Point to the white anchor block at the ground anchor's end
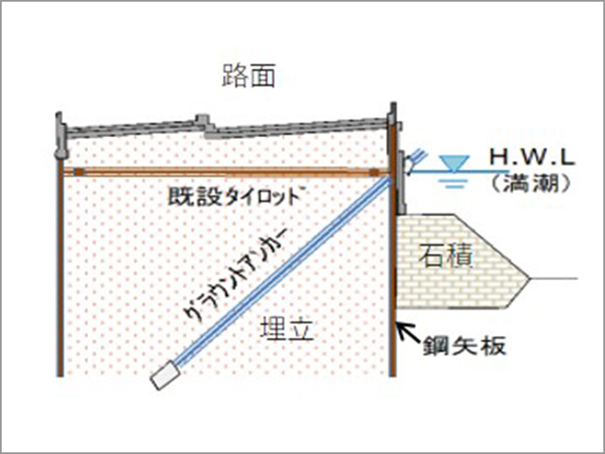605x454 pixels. (165, 376)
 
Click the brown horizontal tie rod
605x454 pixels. (227, 172)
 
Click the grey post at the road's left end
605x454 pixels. (59, 135)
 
